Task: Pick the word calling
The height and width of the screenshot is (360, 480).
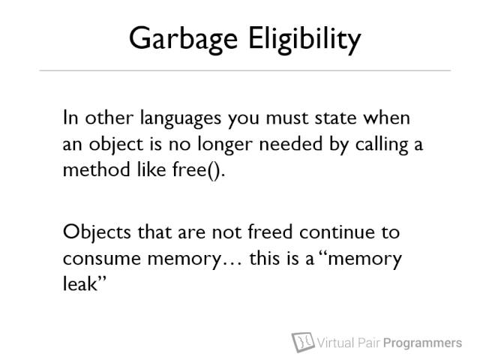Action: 373,145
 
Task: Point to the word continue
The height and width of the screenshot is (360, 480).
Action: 321,233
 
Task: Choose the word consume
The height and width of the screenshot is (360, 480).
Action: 95,259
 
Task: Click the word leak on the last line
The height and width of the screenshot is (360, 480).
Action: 79,283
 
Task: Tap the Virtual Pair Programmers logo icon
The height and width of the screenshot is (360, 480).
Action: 302,343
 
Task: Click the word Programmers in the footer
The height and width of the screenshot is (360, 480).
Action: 422,343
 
